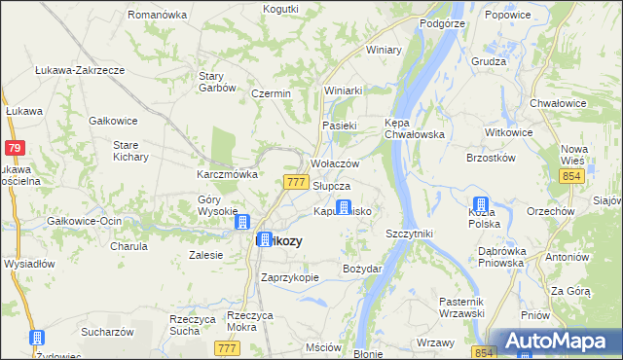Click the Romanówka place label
pos(157,16)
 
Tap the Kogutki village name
pos(280,8)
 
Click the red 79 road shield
pos(14,148)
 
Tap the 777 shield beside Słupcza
pos(298,183)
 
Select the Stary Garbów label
pos(217,81)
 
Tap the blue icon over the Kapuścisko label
pos(344,206)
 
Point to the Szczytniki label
pos(409,234)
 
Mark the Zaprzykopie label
pos(290,276)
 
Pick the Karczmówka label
pos(227,174)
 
